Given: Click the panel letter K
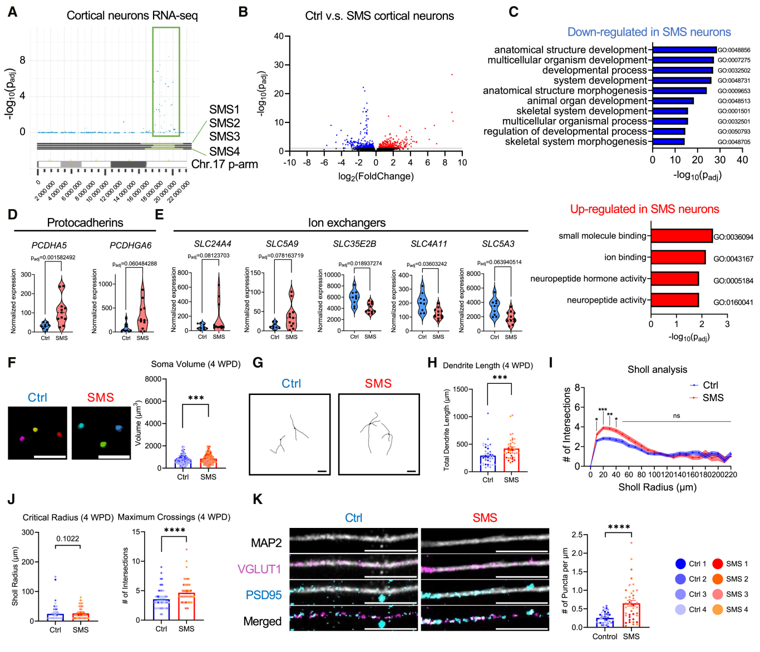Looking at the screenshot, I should (x=258, y=499).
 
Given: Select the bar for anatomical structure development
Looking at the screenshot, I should (x=684, y=50).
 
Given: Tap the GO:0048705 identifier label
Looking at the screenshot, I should (x=733, y=142).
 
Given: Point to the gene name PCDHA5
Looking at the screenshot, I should (x=49, y=245).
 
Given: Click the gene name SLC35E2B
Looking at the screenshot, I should (x=354, y=244).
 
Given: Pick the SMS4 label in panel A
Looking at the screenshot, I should (x=224, y=151).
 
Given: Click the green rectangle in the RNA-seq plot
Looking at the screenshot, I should (x=166, y=82).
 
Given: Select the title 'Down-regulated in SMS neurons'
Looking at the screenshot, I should (x=649, y=32).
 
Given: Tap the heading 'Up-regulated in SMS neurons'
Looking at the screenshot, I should (x=644, y=209).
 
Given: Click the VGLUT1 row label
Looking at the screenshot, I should (x=259, y=569).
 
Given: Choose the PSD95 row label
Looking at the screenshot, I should (x=264, y=595).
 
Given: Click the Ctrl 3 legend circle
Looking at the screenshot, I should (x=680, y=594).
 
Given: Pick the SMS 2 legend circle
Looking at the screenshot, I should (x=717, y=579).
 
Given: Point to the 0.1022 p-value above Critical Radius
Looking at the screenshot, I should (x=68, y=539).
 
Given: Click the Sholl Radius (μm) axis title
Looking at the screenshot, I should (x=657, y=487).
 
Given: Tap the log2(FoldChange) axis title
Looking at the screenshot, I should (x=376, y=176).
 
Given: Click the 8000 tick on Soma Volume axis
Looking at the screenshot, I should (x=153, y=379).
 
